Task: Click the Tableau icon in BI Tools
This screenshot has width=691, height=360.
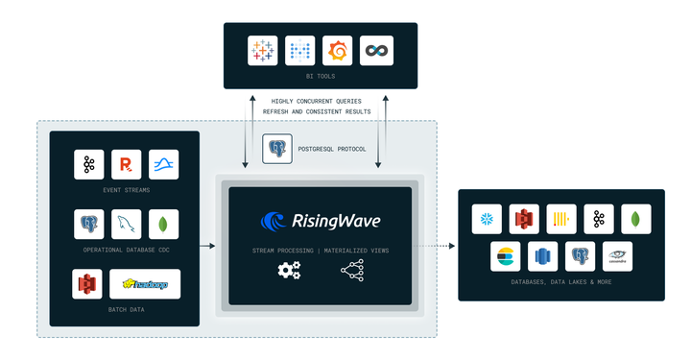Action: [x=262, y=51]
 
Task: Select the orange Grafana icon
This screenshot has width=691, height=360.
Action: [x=338, y=51]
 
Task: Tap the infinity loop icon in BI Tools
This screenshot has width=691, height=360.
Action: [x=376, y=51]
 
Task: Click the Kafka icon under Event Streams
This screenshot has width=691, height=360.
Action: [x=89, y=165]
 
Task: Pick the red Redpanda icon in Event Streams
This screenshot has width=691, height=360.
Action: [x=126, y=165]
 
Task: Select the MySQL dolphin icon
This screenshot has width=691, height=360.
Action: [x=126, y=225]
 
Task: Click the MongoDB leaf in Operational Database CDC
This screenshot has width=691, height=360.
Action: [x=163, y=225]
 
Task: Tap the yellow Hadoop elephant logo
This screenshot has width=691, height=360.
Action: [x=144, y=284]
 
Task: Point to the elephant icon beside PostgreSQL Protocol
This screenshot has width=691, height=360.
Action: [x=277, y=149]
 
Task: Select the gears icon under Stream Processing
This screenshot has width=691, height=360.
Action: [x=289, y=271]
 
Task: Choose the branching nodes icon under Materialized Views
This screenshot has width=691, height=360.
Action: [x=351, y=271]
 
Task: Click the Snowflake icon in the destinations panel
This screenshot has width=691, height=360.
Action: [x=487, y=219]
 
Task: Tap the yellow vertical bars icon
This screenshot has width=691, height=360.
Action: [x=561, y=219]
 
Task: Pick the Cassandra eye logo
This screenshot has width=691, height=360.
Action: [x=617, y=256]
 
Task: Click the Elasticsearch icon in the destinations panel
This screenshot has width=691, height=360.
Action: [x=505, y=256]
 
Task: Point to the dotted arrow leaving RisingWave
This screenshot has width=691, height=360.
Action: [x=438, y=246]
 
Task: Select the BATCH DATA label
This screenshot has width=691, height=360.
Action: [x=126, y=310]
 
